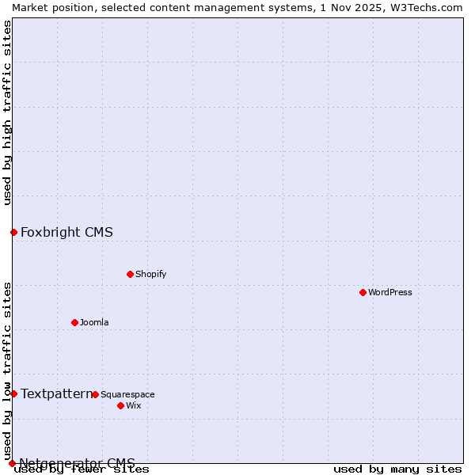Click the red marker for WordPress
point(363,292)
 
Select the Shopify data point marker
point(130,274)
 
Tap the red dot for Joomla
point(74,322)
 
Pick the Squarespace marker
point(95,394)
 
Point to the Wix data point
point(120,405)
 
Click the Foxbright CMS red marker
point(13,232)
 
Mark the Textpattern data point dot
point(13,393)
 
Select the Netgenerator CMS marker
point(12,463)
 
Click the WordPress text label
point(390,292)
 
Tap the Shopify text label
point(150,274)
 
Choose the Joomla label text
point(94,322)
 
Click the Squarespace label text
point(127,394)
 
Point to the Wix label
point(133,405)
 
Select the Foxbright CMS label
point(66,232)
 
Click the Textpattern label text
point(56,393)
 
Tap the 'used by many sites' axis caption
point(397,469)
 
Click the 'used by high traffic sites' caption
point(8,112)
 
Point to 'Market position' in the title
point(48,7)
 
